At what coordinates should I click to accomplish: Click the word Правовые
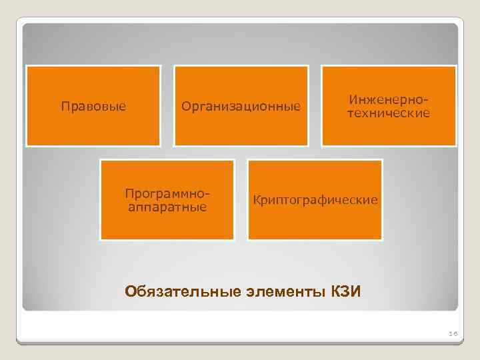point(93,107)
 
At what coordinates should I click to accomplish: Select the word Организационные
point(241,107)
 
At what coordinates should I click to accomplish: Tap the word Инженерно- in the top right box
point(387,100)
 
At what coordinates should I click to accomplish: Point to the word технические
point(387,113)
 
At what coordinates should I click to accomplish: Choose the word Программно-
point(167,193)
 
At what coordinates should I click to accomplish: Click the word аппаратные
point(167,207)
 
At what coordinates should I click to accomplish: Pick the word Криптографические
point(315,200)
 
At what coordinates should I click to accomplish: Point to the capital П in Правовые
point(64,107)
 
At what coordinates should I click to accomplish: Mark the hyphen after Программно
point(208,194)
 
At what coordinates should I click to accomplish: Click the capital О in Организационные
point(185,107)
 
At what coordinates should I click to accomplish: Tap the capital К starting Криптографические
point(254,200)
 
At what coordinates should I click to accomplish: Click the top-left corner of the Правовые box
point(27,66)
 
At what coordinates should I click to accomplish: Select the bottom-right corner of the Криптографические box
point(382,239)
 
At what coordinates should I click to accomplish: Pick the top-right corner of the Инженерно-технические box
point(456,66)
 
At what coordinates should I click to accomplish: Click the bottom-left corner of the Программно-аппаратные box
point(101,239)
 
